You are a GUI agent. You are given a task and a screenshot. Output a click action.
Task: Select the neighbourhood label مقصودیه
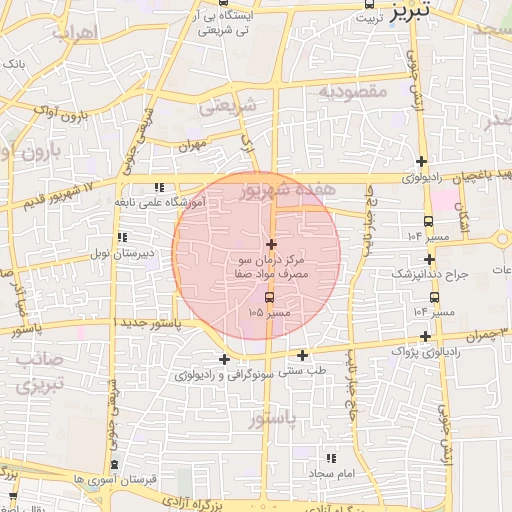point(352,91)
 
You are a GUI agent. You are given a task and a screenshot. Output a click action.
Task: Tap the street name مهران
point(192,145)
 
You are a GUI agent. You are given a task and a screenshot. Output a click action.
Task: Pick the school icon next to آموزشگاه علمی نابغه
point(158,188)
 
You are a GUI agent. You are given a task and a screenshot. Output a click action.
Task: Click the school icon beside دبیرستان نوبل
point(122,238)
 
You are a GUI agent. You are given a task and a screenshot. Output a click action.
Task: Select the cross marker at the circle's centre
point(271,244)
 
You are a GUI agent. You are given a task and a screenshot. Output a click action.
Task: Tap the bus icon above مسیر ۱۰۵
point(268,298)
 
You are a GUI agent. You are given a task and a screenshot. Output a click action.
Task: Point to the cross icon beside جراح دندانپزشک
point(429,259)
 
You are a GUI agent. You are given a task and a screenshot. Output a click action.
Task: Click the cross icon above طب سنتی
point(302,355)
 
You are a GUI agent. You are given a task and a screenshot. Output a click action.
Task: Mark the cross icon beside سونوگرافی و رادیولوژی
point(223,360)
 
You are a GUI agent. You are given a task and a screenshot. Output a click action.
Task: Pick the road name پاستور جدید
point(149,324)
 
